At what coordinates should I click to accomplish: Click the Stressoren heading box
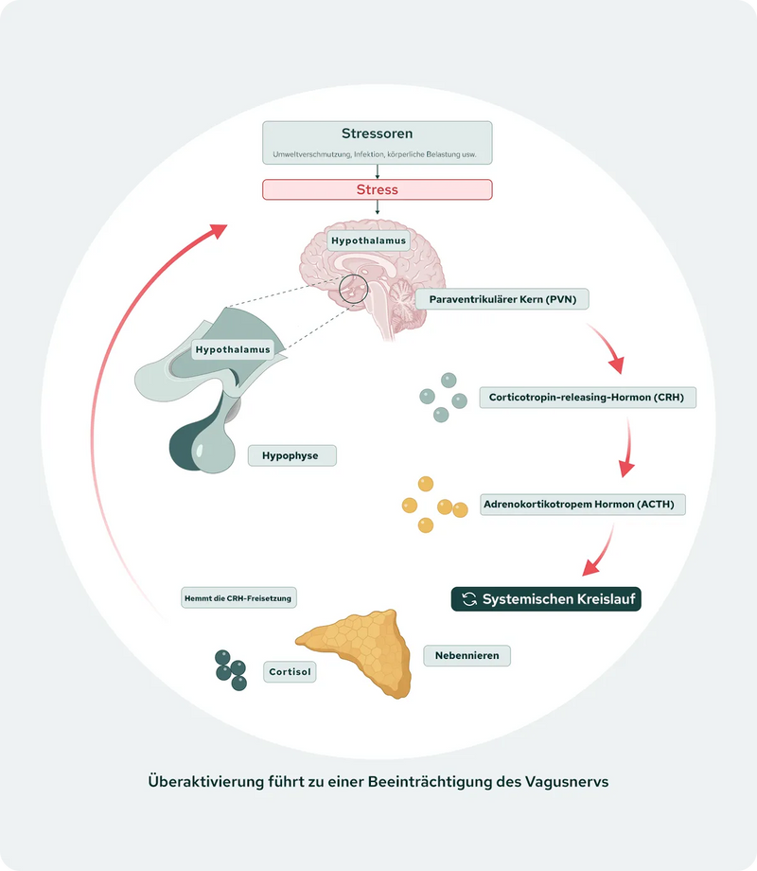[377, 142]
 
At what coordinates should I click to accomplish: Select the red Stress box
[377, 189]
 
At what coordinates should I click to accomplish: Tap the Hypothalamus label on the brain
[368, 240]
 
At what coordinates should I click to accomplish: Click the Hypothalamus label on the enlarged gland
[232, 349]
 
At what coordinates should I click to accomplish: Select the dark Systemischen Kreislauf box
[546, 599]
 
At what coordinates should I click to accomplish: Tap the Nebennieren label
[467, 654]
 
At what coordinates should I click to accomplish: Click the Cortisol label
[289, 672]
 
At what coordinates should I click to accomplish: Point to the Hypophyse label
[292, 455]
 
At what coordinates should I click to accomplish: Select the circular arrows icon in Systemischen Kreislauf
[468, 599]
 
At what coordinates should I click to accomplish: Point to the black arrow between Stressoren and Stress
[378, 171]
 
